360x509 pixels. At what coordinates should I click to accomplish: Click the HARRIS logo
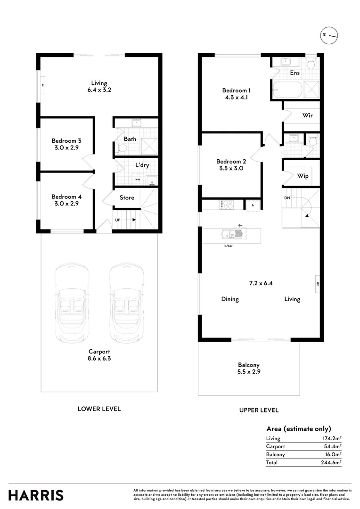tap(36, 495)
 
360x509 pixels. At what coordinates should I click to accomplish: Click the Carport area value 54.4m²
tap(332, 446)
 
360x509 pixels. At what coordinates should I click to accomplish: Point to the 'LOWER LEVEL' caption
tap(99, 409)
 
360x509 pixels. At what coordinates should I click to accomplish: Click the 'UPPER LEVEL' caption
tap(259, 410)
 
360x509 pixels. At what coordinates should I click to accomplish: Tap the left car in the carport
tap(72, 302)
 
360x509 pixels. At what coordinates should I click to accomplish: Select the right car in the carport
tap(126, 302)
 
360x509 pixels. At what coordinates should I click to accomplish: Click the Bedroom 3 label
tap(66, 140)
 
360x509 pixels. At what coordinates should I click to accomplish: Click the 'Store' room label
tap(127, 198)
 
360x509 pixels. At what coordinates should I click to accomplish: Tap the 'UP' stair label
tap(119, 220)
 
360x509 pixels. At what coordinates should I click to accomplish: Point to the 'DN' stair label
tap(287, 198)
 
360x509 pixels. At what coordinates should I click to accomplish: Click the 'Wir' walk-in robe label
tap(307, 115)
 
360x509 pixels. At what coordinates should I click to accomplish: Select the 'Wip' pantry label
tap(303, 176)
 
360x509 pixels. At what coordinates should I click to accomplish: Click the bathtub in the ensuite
tap(287, 89)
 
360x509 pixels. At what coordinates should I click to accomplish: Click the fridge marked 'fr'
tap(253, 205)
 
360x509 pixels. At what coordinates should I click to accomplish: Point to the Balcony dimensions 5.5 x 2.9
tap(249, 372)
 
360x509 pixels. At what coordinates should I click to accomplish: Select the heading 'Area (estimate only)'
tap(298, 429)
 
